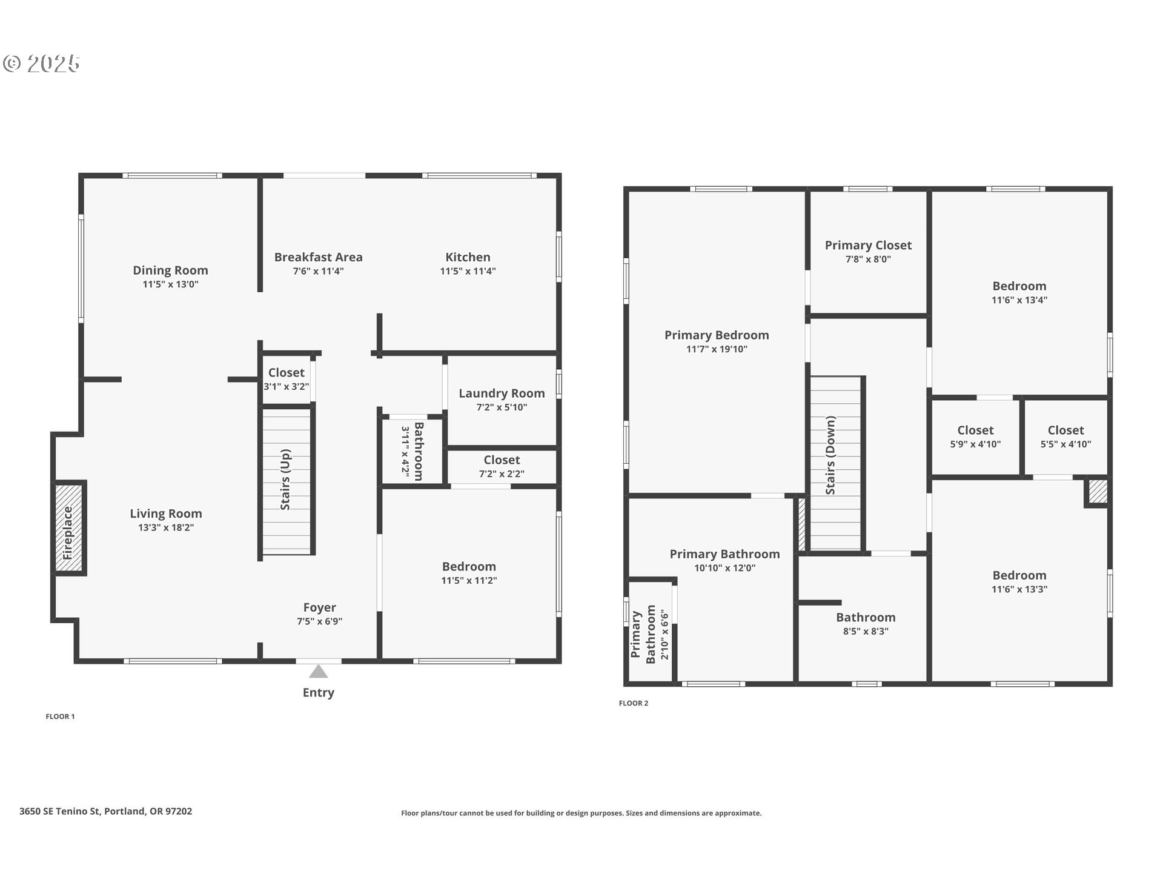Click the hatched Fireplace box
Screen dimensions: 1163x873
click(x=70, y=527)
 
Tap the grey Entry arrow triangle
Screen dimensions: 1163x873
click(x=319, y=672)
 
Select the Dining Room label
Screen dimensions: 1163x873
click(x=170, y=270)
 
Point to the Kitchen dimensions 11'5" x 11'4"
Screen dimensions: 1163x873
click(x=468, y=271)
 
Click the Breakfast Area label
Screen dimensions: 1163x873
click(x=319, y=257)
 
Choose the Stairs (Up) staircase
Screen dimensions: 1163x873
click(x=287, y=481)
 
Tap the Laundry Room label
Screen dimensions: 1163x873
click(x=502, y=393)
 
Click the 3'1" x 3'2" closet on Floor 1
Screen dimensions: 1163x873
click(x=287, y=379)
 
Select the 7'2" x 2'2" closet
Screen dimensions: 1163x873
click(x=502, y=467)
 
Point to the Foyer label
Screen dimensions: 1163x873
click(x=320, y=607)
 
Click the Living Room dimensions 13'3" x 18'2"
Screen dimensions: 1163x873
click(x=166, y=527)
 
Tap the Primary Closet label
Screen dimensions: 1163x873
click(x=868, y=246)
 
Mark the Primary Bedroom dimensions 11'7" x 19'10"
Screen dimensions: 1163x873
click(x=717, y=349)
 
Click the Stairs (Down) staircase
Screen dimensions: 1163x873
click(x=836, y=463)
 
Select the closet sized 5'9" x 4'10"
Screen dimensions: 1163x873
click(x=975, y=436)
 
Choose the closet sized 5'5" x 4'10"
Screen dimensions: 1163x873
click(x=1066, y=436)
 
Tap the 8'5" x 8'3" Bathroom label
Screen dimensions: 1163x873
click(x=866, y=618)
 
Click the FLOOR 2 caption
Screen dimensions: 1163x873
click(x=634, y=703)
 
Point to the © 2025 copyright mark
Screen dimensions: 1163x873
click(x=41, y=64)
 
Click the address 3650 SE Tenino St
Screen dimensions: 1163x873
click(x=59, y=811)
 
